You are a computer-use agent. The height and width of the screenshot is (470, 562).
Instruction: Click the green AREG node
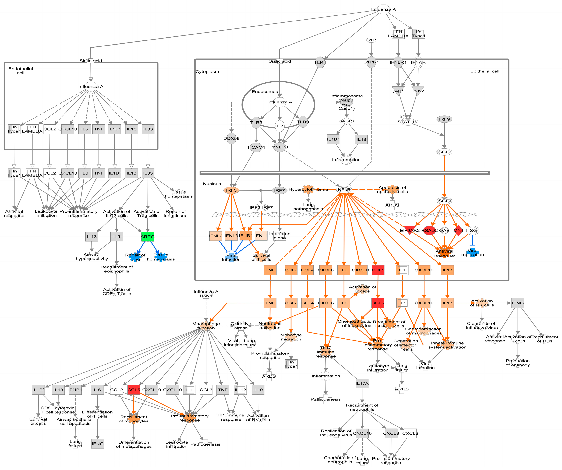[147, 237]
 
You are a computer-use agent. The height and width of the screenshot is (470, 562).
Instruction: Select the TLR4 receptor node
[320, 62]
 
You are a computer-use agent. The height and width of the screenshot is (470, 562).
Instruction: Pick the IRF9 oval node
[444, 119]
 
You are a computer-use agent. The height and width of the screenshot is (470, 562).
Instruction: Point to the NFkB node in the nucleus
[344, 190]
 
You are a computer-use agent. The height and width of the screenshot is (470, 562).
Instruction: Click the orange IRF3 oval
[231, 190]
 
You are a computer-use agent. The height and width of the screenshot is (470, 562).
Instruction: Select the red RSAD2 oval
[430, 230]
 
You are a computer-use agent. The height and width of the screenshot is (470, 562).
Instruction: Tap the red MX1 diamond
[458, 230]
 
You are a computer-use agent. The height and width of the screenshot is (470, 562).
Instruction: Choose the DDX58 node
[231, 138]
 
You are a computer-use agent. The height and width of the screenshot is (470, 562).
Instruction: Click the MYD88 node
[280, 147]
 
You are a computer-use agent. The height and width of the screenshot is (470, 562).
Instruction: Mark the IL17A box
[362, 383]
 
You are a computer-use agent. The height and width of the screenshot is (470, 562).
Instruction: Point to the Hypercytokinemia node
[308, 189]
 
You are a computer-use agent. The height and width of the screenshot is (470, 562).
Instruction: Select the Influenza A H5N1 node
[206, 294]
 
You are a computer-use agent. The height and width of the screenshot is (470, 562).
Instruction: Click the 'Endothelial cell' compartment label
[21, 71]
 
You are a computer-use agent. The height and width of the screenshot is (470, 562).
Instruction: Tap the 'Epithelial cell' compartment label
[485, 71]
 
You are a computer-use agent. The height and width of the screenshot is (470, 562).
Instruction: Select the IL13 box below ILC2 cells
[92, 237]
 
